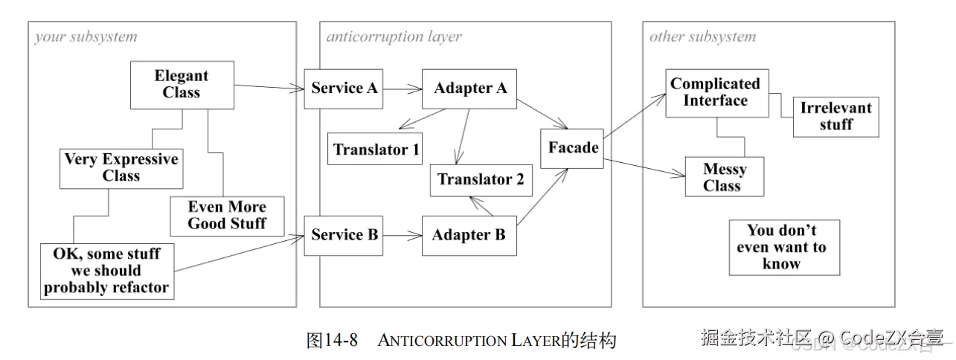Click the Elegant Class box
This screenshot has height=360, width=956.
(182, 84)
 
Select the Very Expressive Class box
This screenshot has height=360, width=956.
(121, 167)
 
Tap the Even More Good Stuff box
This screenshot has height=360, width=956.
(227, 215)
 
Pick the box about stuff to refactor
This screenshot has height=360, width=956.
(106, 271)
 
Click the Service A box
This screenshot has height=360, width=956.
(344, 88)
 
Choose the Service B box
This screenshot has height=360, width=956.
(344, 235)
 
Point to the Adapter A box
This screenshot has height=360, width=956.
(470, 88)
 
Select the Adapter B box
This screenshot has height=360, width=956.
(469, 235)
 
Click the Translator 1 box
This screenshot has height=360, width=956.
(375, 150)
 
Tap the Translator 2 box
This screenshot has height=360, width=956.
(481, 179)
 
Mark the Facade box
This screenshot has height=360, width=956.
(573, 147)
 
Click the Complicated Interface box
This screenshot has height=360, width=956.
(715, 93)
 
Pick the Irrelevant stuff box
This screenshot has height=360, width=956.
(835, 116)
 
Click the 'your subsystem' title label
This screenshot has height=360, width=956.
(86, 36)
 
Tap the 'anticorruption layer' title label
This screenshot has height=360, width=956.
(394, 36)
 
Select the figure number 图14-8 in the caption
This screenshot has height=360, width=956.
(332, 341)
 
